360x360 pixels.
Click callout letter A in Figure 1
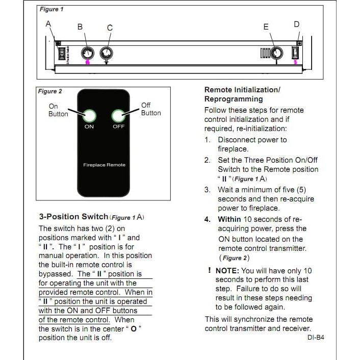tap(48, 23)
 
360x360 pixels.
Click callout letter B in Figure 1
tap(80, 27)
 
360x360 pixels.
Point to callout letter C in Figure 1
tap(110, 28)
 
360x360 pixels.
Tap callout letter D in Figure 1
tap(297, 24)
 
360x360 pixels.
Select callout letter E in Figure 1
tap(266, 27)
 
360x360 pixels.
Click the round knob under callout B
tap(88, 53)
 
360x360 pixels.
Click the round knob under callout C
tap(106, 53)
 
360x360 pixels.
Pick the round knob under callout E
tap(276, 53)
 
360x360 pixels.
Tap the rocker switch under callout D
tap(295, 53)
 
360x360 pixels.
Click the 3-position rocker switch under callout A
tap(62, 54)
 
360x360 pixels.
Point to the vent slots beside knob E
tap(265, 53)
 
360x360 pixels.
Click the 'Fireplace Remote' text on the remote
tap(104, 165)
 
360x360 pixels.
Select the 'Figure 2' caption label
tap(50, 91)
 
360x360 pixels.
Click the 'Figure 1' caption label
tap(52, 9)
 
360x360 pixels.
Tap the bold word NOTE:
tap(227, 271)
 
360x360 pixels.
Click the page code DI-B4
tap(316, 338)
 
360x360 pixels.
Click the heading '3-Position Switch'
tap(73, 217)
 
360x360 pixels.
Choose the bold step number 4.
tap(207, 219)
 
